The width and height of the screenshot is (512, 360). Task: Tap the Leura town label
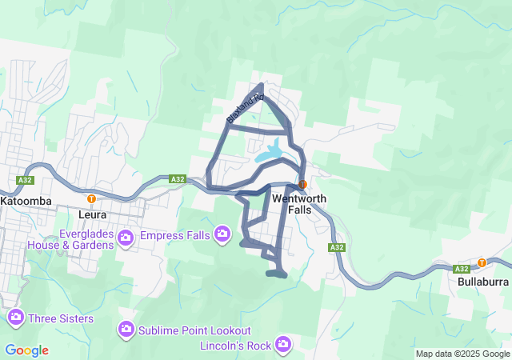point(94,215)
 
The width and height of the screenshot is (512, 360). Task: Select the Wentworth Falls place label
point(297,203)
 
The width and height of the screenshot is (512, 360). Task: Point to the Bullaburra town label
point(483,282)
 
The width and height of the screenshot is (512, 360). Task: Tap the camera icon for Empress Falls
point(222,234)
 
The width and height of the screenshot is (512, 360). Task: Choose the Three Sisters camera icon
point(15,318)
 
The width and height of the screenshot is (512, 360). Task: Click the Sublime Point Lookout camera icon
point(126,330)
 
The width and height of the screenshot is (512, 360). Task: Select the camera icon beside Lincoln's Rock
point(282,345)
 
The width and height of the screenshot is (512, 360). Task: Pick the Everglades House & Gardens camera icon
point(126,238)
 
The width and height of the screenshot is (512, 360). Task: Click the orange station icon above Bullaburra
point(482,262)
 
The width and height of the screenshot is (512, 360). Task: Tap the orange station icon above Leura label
point(91,198)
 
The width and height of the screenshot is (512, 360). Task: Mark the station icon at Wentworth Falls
point(302,185)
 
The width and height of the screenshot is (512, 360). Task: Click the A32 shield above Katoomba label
point(24,180)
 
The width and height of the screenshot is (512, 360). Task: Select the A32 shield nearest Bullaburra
point(462,269)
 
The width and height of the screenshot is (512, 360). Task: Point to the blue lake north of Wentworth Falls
point(270,151)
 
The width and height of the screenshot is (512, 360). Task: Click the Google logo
point(26,350)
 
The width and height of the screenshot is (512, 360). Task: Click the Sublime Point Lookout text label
point(194,330)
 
